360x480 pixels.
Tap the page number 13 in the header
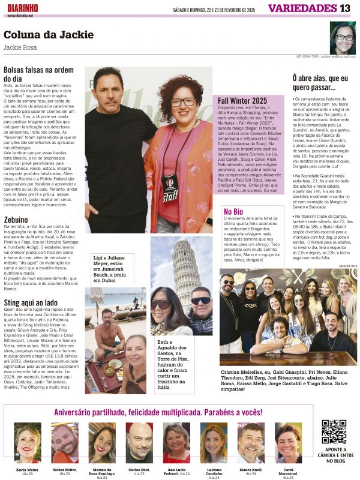click(345, 8)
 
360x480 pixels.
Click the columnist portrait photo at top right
click(343, 38)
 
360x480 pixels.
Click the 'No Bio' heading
click(233, 211)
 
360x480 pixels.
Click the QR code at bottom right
click(334, 432)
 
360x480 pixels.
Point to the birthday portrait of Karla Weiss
click(28, 443)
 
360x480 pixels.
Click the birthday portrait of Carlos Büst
click(139, 443)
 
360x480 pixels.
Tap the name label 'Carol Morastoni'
click(289, 473)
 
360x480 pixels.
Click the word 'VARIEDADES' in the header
click(302, 8)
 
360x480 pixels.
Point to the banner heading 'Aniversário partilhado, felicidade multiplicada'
click(158, 413)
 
